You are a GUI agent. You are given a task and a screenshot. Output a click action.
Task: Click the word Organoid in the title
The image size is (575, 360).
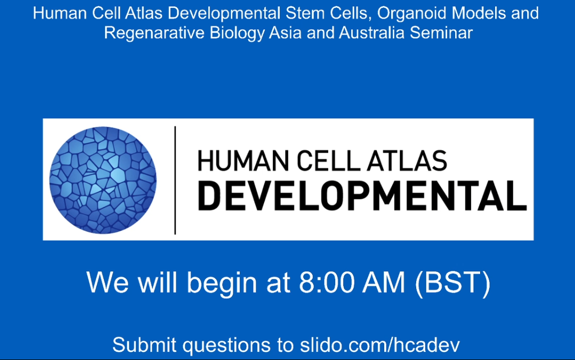coord(411,14)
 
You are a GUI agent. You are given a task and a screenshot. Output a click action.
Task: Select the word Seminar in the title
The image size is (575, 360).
coord(441,33)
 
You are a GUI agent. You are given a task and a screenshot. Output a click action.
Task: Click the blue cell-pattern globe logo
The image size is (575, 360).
coord(103,180)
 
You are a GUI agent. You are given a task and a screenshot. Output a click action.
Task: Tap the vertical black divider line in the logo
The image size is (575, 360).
coord(175,180)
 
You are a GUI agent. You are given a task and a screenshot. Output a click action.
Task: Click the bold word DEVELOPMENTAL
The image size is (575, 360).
coord(362,195)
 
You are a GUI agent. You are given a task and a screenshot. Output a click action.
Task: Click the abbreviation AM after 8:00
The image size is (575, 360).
coord(384,282)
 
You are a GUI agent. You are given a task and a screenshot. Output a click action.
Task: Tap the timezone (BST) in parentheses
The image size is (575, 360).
coord(452,283)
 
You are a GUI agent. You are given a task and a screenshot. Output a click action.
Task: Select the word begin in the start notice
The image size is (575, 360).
coord(222,284)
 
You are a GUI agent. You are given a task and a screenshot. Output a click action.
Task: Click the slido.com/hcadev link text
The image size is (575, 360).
coord(380,345)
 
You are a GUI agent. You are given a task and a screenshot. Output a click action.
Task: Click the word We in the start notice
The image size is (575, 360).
coord(108,282)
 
